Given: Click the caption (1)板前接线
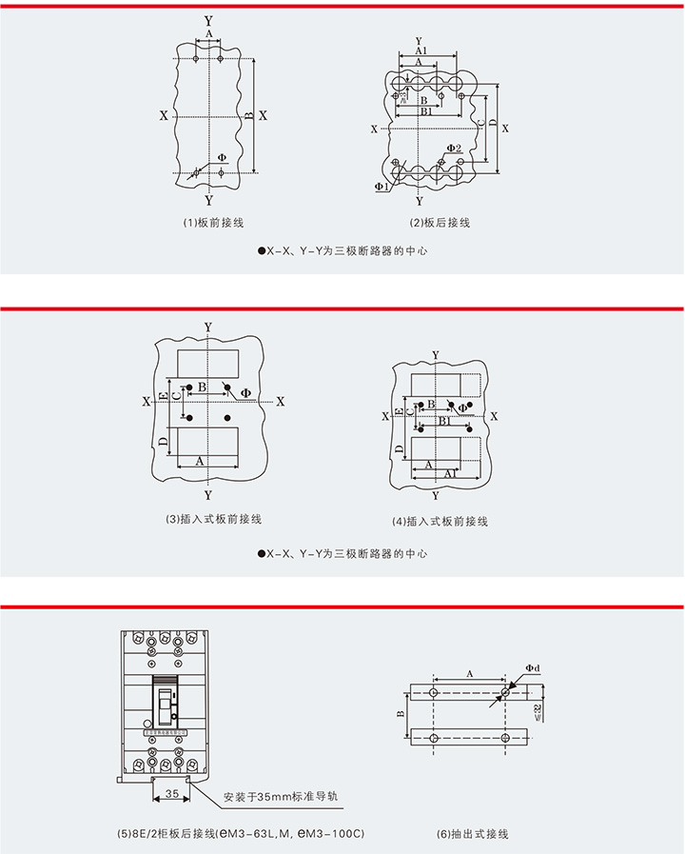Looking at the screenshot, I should point(213,223).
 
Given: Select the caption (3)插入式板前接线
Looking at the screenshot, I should point(213,519).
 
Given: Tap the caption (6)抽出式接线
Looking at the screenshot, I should point(473,834).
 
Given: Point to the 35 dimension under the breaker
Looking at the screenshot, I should point(172,793).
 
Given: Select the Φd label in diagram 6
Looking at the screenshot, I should point(532,669).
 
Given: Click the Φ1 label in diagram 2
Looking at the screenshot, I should point(381,188).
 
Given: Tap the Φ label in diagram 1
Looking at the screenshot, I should point(222,157).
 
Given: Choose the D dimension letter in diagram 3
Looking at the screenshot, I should point(164,441).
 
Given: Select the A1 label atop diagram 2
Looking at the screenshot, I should point(421,50).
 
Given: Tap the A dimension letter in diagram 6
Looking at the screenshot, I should point(469,673).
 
